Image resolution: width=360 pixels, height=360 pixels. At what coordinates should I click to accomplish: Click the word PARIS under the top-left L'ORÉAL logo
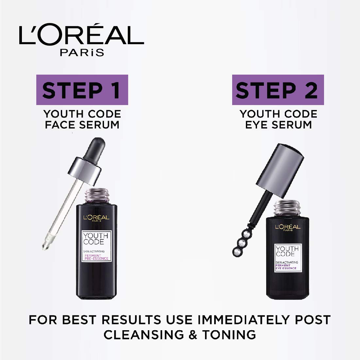click(x=82, y=52)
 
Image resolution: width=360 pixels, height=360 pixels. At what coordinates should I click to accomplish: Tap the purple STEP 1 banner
click(x=81, y=90)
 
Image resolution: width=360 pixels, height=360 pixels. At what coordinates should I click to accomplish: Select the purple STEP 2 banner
click(x=278, y=90)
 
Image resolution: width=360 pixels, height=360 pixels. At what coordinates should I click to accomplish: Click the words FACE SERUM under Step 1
click(x=82, y=125)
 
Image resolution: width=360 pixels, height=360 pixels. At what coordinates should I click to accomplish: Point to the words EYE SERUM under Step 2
click(x=279, y=125)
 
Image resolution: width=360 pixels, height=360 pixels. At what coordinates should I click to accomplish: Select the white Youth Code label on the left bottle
click(x=97, y=245)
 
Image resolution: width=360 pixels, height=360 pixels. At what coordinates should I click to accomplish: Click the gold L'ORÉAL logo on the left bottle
click(x=96, y=217)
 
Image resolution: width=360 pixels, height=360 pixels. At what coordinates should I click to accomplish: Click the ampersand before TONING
click(x=202, y=335)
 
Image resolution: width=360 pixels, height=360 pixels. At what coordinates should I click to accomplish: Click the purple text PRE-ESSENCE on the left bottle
click(x=97, y=259)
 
